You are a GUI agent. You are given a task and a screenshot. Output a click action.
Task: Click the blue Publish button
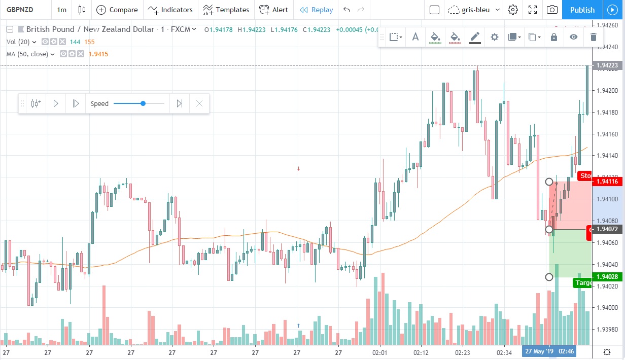tap(582, 10)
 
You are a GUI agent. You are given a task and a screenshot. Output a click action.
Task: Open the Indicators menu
tap(170, 10)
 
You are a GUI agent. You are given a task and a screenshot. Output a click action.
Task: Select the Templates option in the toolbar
tap(226, 10)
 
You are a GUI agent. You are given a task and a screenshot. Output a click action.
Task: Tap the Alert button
tap(273, 10)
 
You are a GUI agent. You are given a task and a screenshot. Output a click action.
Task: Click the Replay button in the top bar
tap(317, 10)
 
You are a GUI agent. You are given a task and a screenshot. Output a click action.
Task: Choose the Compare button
tap(117, 10)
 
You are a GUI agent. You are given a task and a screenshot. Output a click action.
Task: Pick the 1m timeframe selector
tap(61, 10)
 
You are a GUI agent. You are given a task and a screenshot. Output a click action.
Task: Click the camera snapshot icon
tap(552, 10)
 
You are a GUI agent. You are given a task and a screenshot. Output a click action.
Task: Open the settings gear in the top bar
tap(513, 10)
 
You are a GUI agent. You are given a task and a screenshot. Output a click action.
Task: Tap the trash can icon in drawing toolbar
tap(593, 37)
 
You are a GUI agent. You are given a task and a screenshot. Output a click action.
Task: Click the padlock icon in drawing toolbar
tap(553, 37)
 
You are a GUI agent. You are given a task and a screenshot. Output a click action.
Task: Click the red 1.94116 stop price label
tap(607, 182)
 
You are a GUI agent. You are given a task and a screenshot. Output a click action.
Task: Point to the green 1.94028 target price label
tap(607, 276)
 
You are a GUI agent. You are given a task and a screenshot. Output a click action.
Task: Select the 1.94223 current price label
tap(607, 65)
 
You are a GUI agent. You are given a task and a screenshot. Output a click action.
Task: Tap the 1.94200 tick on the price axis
tap(607, 91)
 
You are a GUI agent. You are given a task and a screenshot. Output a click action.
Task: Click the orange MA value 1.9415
tap(98, 54)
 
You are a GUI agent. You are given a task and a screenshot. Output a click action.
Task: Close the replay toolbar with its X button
tap(199, 103)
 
